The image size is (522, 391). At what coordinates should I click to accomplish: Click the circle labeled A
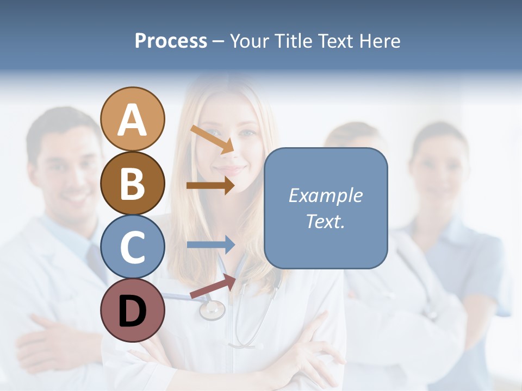(133, 119)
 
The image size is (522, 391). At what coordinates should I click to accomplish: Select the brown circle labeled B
(133, 183)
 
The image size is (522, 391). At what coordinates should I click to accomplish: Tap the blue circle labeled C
(133, 247)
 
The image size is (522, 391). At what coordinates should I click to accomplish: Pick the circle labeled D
(133, 310)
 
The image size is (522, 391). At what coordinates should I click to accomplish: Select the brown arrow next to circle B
(210, 185)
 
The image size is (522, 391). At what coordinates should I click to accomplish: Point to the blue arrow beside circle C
(210, 245)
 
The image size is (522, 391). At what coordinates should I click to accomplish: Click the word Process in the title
(171, 41)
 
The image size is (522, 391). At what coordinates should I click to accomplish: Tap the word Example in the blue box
(325, 195)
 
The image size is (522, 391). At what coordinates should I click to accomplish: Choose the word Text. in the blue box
(325, 221)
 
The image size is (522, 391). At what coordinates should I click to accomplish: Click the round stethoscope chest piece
(212, 310)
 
